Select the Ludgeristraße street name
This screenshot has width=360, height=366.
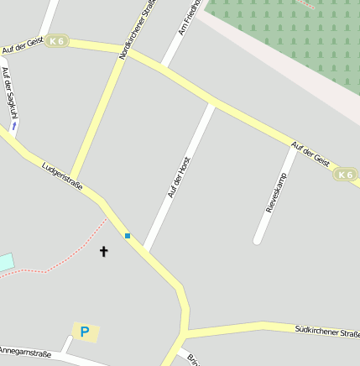point(62,176)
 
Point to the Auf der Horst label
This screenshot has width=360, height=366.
point(180,176)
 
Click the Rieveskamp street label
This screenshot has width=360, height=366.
point(276,192)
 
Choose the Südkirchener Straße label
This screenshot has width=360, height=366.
point(326,332)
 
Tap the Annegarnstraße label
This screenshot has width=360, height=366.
point(25,353)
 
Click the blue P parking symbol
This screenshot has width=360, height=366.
point(85,332)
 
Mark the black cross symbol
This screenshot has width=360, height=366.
point(104,251)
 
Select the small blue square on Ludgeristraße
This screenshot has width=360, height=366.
point(128,236)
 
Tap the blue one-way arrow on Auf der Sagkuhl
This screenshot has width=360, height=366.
point(13,126)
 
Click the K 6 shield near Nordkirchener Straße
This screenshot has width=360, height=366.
point(57,40)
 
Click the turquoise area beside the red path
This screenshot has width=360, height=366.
point(6,262)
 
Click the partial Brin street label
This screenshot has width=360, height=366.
point(193,358)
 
